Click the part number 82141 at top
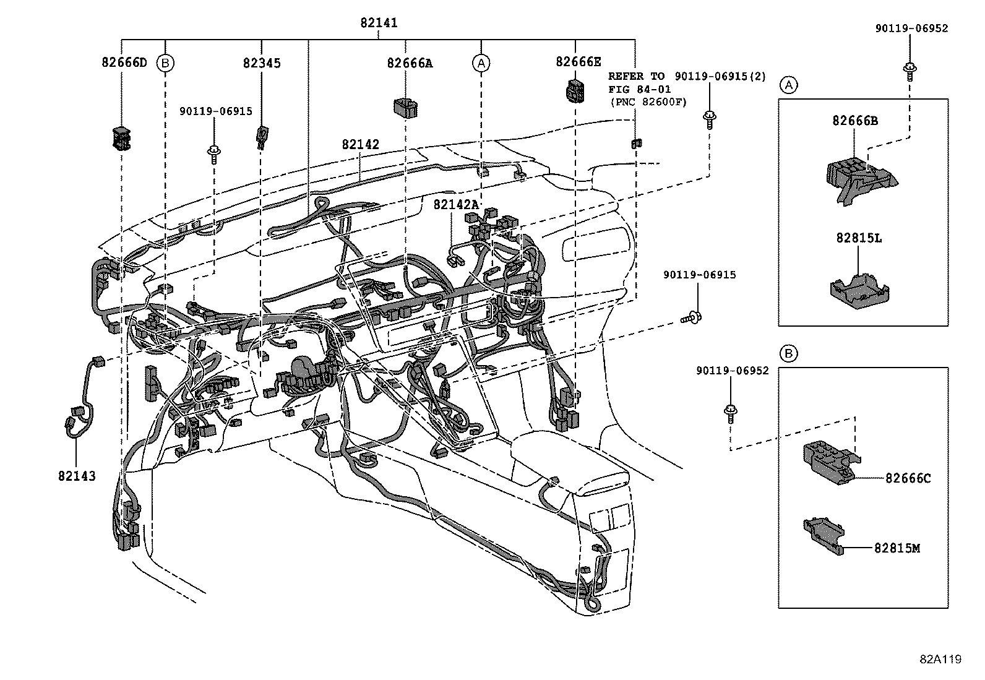click(x=379, y=23)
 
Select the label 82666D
click(x=124, y=62)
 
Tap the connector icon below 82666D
click(x=121, y=138)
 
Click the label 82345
click(x=262, y=63)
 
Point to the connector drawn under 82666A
click(x=406, y=106)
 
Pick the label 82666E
click(x=578, y=61)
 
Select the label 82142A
click(x=456, y=204)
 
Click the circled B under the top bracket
click(x=165, y=62)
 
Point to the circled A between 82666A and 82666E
click(x=481, y=62)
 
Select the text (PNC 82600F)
click(x=648, y=102)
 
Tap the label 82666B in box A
click(x=855, y=121)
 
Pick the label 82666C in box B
click(x=908, y=478)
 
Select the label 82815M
click(x=897, y=548)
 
